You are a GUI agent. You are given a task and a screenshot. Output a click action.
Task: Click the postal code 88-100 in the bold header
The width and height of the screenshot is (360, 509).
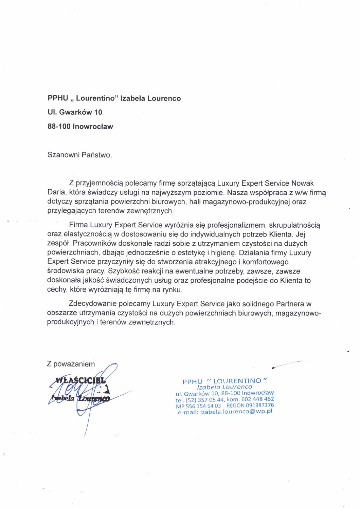click(x=59, y=127)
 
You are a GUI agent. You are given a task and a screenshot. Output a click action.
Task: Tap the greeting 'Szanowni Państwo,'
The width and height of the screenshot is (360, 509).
click(x=79, y=155)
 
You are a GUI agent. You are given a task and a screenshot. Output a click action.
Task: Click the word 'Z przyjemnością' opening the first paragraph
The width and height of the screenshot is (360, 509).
click(x=96, y=183)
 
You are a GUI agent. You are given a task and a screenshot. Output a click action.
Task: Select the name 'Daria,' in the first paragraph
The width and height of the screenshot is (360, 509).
click(x=56, y=192)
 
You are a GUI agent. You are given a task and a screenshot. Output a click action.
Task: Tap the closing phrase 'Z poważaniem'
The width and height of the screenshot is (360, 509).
click(x=71, y=364)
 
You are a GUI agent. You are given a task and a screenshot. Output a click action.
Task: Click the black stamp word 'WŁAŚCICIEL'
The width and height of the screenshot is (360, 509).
click(x=81, y=380)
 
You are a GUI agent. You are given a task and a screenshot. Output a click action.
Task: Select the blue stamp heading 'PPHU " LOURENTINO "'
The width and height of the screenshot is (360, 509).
click(x=224, y=381)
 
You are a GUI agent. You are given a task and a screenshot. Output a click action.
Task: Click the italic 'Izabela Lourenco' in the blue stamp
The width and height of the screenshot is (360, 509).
click(x=224, y=387)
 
